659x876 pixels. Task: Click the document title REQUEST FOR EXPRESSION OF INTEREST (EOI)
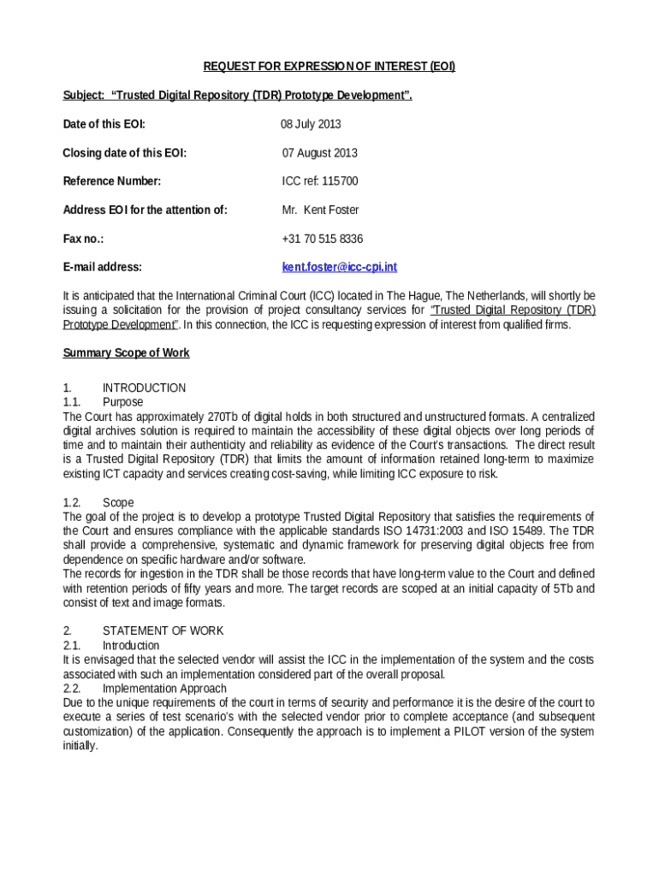(329, 67)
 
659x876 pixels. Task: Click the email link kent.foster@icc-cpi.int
(340, 267)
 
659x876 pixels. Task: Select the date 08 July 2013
(311, 124)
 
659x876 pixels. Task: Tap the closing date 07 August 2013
(320, 153)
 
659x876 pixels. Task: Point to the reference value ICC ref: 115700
(320, 181)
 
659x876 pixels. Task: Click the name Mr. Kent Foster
(320, 210)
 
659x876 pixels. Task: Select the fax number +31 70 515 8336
(323, 239)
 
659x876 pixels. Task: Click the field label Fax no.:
(83, 239)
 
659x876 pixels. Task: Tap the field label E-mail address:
(103, 267)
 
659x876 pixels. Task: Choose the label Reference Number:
(112, 181)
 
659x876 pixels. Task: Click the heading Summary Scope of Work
(127, 352)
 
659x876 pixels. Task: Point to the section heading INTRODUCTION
(144, 388)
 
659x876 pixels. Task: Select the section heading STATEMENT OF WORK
(163, 630)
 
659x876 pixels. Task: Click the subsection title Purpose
(122, 402)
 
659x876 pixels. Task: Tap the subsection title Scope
(118, 502)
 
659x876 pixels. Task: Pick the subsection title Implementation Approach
(164, 689)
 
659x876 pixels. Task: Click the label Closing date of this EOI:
(125, 153)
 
